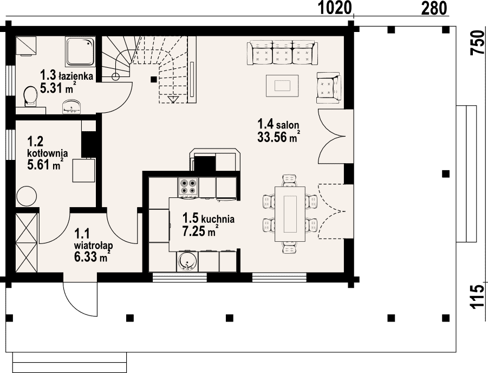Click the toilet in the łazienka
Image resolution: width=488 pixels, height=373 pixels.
point(30,96)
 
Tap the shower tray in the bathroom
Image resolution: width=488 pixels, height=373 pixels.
point(80,51)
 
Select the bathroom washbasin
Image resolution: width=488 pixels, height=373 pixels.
point(71,107)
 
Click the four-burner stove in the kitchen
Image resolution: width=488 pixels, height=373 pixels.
point(187,187)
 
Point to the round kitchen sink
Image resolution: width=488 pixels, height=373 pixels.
point(187,261)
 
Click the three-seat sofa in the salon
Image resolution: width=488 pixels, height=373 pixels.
point(283,53)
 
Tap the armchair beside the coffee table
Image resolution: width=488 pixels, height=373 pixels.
point(329,88)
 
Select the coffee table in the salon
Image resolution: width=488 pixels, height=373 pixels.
point(282,86)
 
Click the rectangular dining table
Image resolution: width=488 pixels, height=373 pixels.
point(290,214)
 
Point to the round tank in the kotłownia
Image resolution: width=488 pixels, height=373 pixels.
point(27,197)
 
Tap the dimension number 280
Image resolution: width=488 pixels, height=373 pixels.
point(434,8)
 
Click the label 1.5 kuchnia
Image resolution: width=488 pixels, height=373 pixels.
point(208,218)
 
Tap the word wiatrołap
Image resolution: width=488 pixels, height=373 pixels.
point(93,245)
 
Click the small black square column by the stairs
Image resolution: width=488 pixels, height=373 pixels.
point(153,79)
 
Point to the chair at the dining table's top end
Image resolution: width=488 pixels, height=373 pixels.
point(290,181)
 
